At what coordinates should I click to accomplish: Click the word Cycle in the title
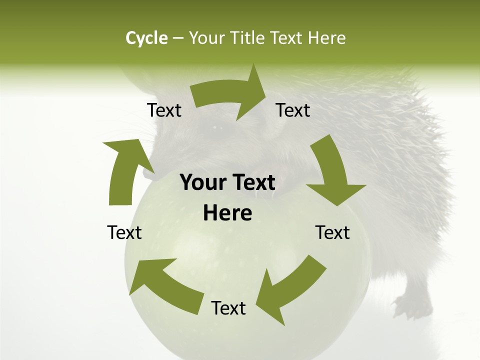(x=146, y=38)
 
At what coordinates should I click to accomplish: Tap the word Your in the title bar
(x=206, y=38)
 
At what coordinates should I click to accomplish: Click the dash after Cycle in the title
(x=178, y=38)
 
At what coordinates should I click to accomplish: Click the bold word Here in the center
(x=227, y=213)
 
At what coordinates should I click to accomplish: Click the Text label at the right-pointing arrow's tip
(x=293, y=110)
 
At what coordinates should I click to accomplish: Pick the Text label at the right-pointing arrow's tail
(x=164, y=110)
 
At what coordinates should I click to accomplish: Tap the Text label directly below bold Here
(x=228, y=308)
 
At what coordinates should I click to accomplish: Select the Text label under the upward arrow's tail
(x=124, y=232)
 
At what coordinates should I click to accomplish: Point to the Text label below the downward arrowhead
(x=332, y=232)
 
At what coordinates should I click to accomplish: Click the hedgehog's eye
(x=218, y=128)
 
